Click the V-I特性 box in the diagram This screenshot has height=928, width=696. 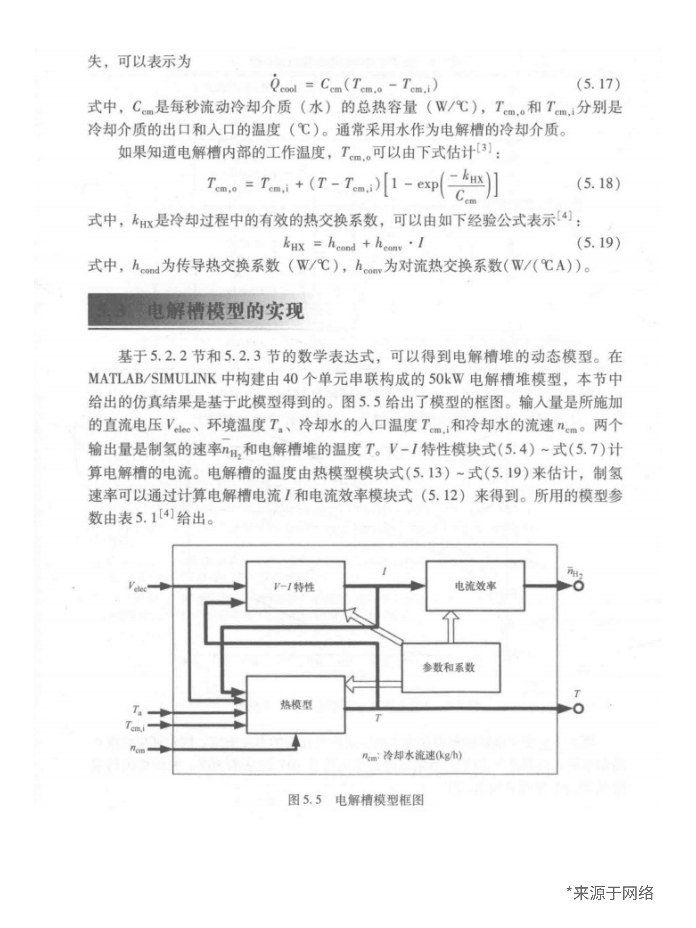click(x=295, y=586)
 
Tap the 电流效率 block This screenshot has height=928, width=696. click(x=475, y=586)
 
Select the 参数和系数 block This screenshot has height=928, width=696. click(x=451, y=667)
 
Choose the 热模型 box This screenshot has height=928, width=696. click(x=295, y=705)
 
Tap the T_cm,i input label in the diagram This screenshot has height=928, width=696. click(x=135, y=725)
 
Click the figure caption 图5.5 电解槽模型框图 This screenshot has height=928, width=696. click(x=356, y=800)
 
